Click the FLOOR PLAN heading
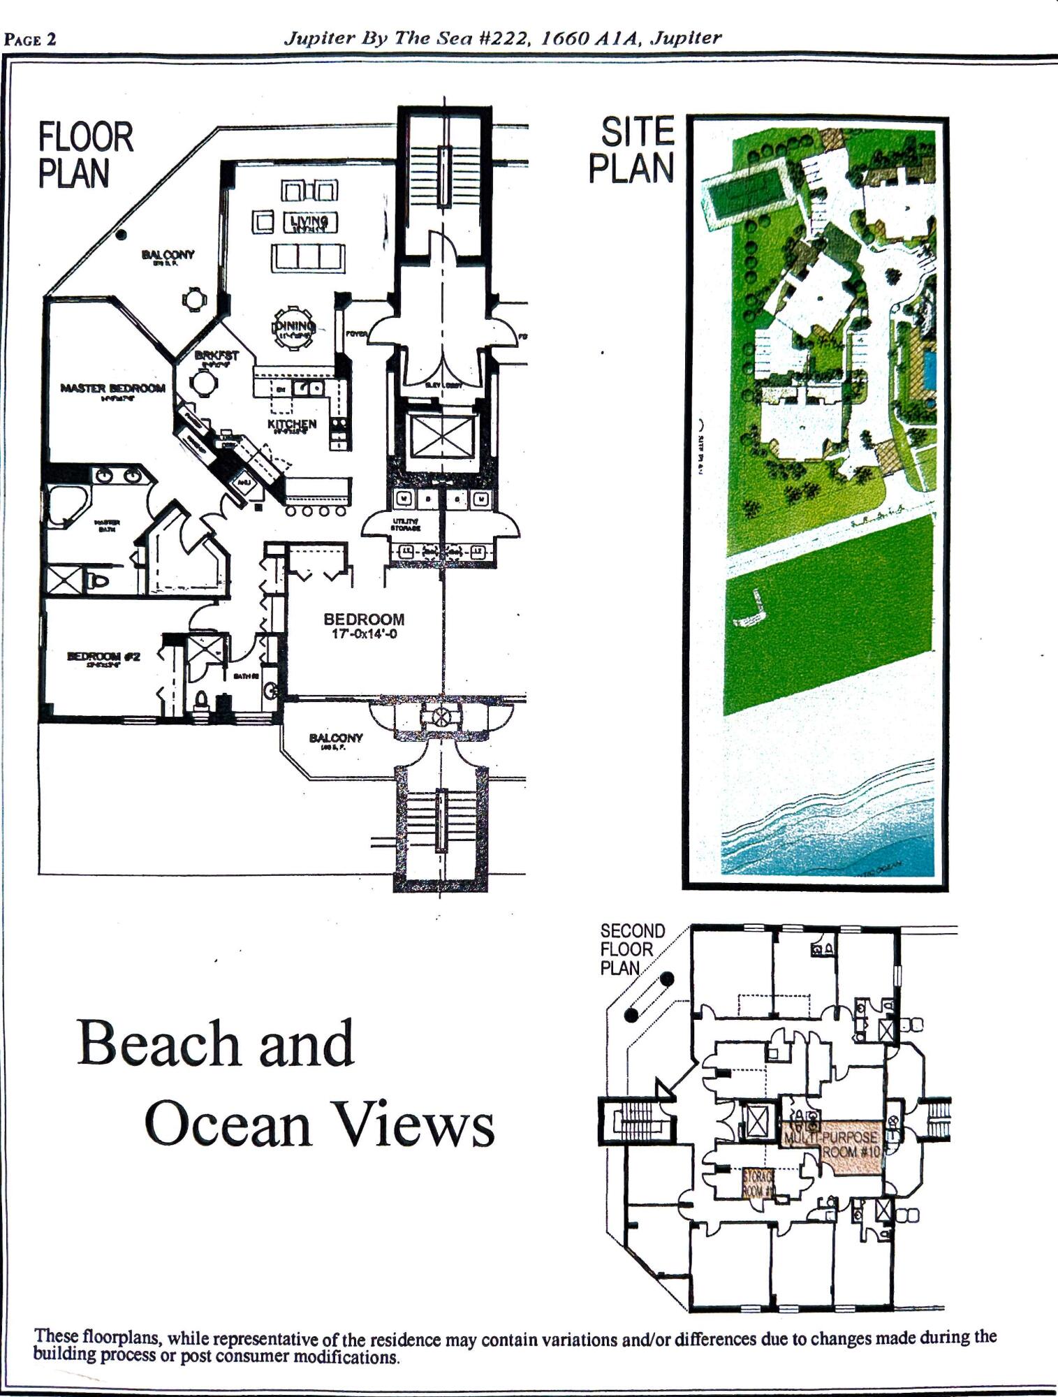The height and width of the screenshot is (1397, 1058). [x=85, y=155]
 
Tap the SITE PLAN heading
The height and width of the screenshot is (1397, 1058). [x=632, y=149]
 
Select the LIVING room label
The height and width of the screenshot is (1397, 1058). [x=310, y=222]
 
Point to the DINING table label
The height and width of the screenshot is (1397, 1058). [x=293, y=326]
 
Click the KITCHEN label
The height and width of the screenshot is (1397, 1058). [x=292, y=424]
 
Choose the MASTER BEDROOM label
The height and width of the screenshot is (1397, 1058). [x=113, y=388]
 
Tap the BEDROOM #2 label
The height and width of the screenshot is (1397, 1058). [x=103, y=656]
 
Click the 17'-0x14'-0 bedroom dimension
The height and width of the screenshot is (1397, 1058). [x=364, y=634]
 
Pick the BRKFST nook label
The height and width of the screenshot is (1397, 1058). [x=216, y=356]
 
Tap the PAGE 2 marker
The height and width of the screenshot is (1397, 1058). [x=30, y=39]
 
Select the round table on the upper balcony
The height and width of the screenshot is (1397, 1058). [x=194, y=299]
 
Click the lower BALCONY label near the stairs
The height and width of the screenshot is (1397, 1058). [x=336, y=738]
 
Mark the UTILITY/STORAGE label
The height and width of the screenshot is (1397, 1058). [x=404, y=524]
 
